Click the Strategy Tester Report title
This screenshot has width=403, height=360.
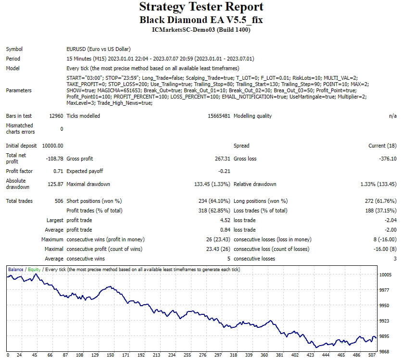point(201,7)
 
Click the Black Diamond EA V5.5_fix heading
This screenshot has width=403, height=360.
point(201,20)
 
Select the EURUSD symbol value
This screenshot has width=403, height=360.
point(98,49)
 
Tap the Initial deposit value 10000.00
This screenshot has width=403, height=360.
point(52,146)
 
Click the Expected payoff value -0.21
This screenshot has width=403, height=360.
point(224,171)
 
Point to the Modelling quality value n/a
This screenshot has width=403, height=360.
point(392,116)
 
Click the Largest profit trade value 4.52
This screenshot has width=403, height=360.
point(225,220)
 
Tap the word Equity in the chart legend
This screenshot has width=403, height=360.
point(34,269)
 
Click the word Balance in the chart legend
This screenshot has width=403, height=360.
point(16,269)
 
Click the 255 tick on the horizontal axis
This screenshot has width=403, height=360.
point(187,355)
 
